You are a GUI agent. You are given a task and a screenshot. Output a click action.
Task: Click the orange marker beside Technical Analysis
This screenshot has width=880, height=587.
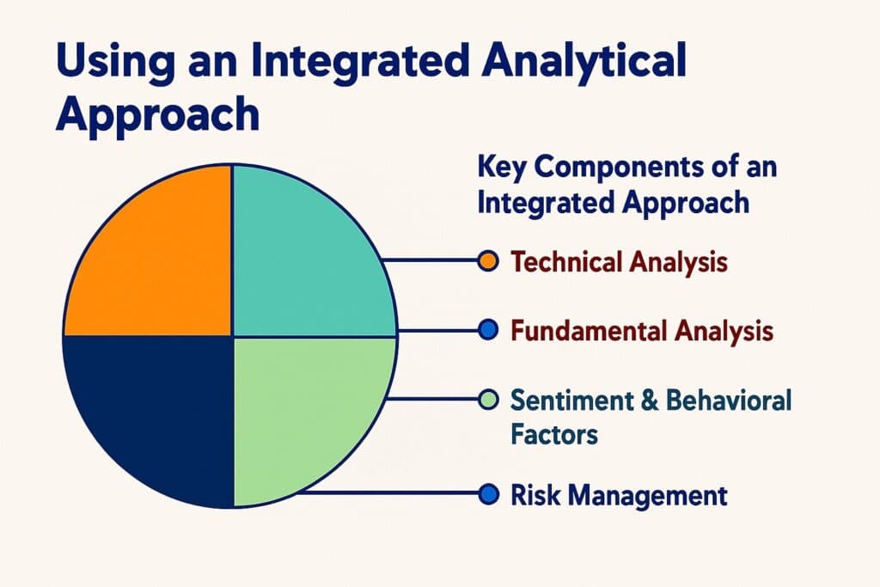(486, 261)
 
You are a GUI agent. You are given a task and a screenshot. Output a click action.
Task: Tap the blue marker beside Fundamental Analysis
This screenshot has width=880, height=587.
(486, 330)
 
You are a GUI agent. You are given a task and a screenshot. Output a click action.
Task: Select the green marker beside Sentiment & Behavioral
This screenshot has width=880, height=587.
(486, 399)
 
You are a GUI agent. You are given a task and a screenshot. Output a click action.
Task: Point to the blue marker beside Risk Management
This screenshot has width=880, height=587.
(486, 494)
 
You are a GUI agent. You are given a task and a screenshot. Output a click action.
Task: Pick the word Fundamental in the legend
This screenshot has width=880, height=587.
(581, 330)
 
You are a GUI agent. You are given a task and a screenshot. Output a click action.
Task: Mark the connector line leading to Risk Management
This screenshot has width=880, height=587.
(387, 493)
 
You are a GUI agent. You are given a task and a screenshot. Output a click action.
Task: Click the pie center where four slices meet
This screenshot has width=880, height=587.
(233, 335)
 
